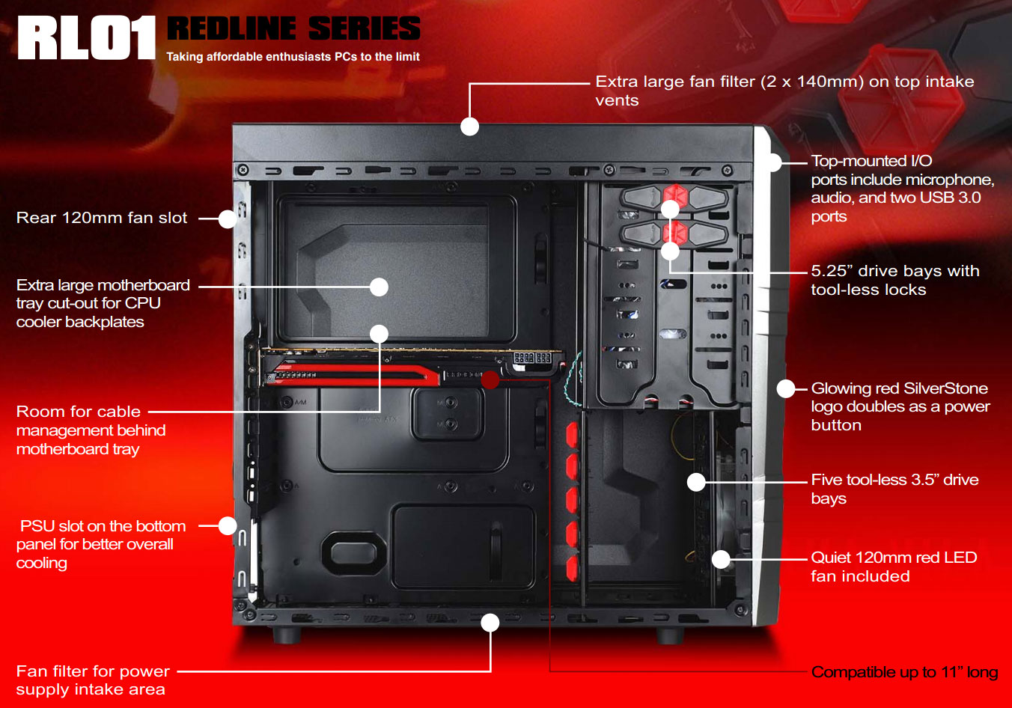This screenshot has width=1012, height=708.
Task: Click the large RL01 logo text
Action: (86, 38)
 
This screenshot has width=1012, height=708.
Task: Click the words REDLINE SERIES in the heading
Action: (293, 28)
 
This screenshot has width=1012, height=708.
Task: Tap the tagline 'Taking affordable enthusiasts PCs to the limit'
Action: (293, 57)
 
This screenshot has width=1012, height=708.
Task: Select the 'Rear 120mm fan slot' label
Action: (102, 218)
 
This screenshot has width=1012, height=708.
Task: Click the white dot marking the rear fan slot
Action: (228, 219)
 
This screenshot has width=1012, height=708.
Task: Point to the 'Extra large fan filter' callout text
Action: (784, 91)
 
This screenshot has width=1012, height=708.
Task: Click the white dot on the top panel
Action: (469, 126)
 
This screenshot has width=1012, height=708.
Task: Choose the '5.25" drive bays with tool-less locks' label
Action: (894, 280)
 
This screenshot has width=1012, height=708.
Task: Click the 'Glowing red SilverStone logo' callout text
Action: (900, 406)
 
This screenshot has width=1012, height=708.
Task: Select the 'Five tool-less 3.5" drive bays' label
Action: (894, 489)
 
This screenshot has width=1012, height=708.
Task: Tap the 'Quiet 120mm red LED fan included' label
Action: (893, 567)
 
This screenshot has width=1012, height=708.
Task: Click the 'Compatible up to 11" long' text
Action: (904, 672)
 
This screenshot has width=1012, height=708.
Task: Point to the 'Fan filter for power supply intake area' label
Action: (93, 680)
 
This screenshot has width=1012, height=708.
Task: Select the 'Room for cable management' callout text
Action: (91, 430)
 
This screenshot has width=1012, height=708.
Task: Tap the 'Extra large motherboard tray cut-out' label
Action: (103, 303)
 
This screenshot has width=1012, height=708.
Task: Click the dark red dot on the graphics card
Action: (490, 379)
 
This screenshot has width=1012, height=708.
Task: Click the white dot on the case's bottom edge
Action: (490, 623)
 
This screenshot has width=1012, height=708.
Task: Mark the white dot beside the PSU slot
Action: (228, 525)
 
